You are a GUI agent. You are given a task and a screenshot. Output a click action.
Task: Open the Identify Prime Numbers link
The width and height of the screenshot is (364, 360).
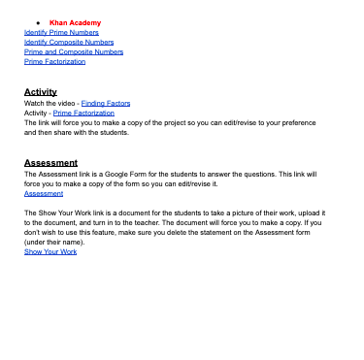[x=60, y=32]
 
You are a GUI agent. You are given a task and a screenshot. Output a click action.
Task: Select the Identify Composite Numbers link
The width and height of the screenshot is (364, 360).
[x=68, y=42]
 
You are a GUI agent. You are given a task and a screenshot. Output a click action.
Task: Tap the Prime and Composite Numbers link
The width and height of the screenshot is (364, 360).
[x=73, y=51]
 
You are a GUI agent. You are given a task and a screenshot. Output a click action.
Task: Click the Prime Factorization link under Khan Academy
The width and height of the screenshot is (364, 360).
[x=54, y=61]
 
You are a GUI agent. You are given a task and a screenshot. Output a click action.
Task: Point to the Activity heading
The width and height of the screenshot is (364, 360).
[x=40, y=91]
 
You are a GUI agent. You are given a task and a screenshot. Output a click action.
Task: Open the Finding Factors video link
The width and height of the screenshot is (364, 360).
[x=105, y=102]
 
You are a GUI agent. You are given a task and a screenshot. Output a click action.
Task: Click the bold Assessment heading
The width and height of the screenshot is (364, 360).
[x=50, y=162]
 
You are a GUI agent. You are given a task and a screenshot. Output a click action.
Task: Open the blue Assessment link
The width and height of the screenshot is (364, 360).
[x=43, y=192]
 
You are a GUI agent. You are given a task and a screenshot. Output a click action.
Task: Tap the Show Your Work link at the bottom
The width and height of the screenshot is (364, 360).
[x=50, y=251]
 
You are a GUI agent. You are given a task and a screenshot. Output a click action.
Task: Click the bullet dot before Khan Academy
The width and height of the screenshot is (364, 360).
[x=38, y=22]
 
